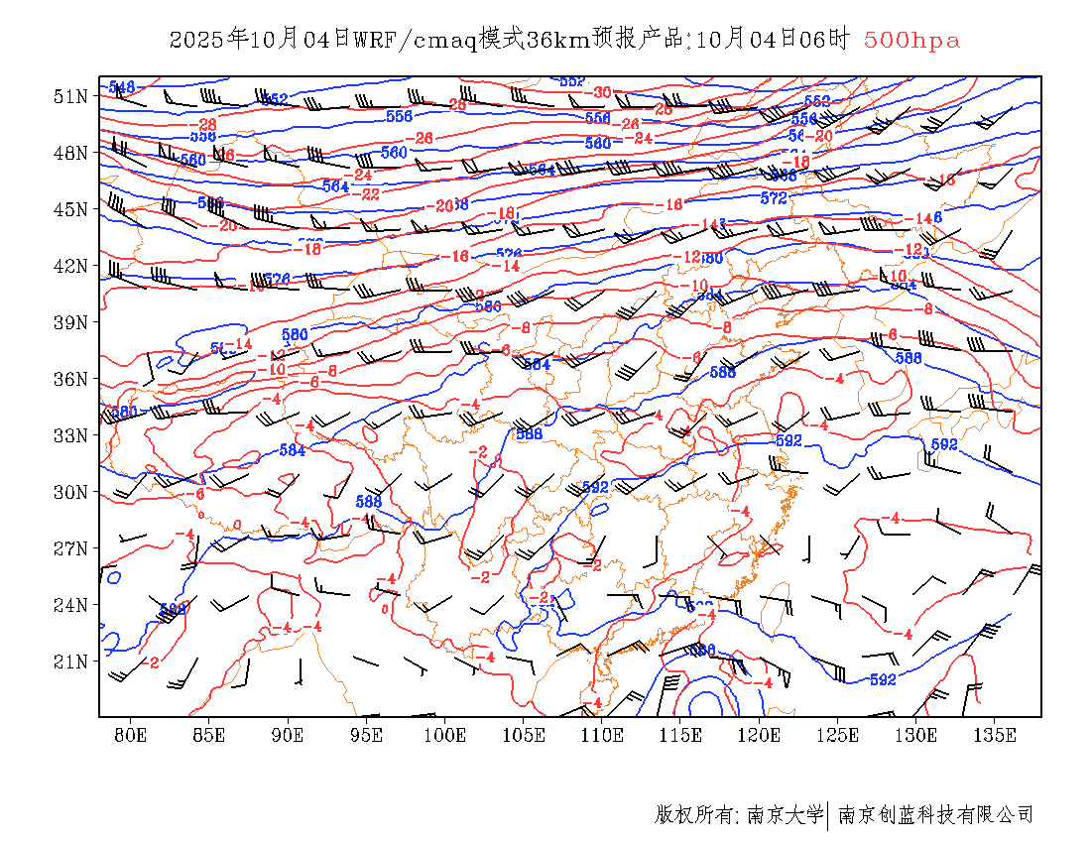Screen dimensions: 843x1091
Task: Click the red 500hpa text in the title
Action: pos(911,41)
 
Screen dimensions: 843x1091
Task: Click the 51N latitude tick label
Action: pos(70,96)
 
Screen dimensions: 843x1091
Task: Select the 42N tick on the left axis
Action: pos(70,266)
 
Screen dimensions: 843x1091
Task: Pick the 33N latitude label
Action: pos(70,435)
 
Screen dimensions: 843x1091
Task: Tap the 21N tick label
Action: pos(70,662)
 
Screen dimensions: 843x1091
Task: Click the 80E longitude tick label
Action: pos(130,735)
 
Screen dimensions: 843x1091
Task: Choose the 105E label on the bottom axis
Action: pos(524,735)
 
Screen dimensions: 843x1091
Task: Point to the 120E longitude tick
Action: pos(760,735)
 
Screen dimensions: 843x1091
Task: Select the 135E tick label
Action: pos(995,735)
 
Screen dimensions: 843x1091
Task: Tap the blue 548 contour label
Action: pos(121,87)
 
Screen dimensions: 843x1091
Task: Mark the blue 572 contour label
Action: pos(774,198)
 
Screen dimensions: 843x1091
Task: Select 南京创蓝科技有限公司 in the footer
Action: pos(935,815)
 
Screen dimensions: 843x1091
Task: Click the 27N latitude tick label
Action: pos(70,548)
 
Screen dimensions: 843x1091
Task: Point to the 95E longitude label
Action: pos(366,735)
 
